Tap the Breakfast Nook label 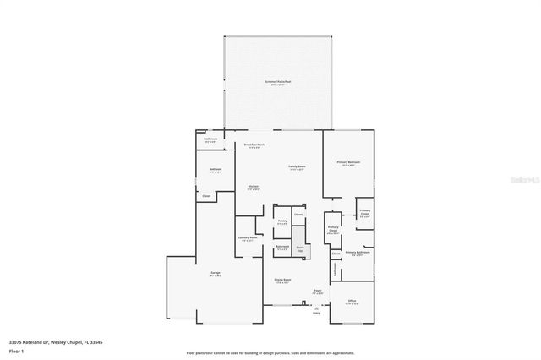pos(254,146)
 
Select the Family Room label pos(297,167)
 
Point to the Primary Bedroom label pos(348,162)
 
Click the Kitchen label pos(253,187)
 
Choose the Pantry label pos(282,221)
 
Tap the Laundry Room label pos(247,238)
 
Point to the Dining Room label pos(282,280)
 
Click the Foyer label pos(318,291)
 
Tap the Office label pos(352,301)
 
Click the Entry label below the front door pos(317,313)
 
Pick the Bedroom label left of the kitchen pos(216,170)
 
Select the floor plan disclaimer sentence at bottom pos(270,352)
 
